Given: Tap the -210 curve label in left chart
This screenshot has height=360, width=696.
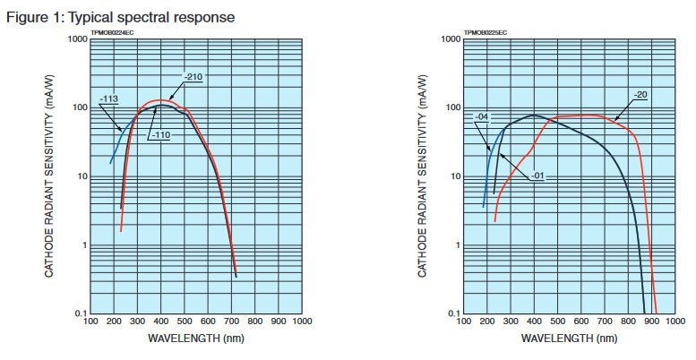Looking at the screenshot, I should click(194, 77).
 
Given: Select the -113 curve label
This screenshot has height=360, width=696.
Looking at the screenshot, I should click(109, 99).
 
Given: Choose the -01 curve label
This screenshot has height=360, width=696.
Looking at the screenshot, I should click(537, 176).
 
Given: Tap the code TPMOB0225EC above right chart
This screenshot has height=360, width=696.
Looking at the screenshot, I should click(485, 32).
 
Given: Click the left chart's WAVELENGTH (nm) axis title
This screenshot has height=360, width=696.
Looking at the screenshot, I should click(194, 339).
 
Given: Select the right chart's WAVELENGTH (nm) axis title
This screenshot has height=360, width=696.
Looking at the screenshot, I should click(569, 339).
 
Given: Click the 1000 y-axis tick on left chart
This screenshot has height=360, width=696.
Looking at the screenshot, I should click(76, 39).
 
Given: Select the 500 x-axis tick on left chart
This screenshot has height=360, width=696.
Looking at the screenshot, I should click(184, 321).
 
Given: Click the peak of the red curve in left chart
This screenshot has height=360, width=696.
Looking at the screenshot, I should click(159, 100).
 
